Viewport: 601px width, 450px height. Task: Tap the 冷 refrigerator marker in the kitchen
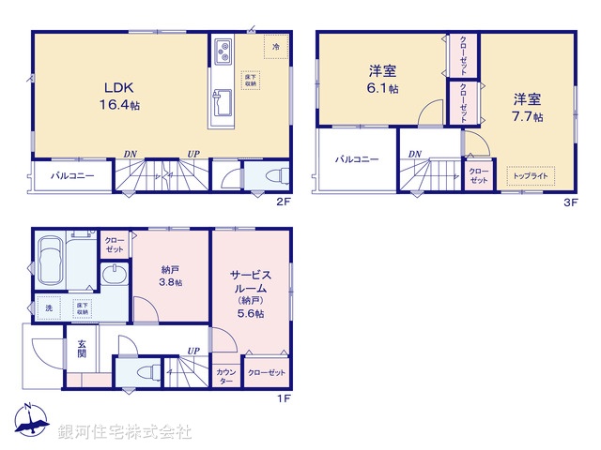(276, 46)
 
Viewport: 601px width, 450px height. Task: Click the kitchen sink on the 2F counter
(223, 98)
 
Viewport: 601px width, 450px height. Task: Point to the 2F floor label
(284, 202)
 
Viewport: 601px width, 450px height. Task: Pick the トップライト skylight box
(532, 175)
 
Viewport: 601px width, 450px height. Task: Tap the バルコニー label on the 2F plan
(72, 175)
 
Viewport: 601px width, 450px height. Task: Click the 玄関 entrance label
(80, 349)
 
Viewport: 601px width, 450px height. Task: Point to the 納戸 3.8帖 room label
(171, 274)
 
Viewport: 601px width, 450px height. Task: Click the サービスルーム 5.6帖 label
(250, 290)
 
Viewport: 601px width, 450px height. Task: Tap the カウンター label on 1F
(226, 376)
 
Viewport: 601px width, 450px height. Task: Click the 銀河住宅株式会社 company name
(125, 432)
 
